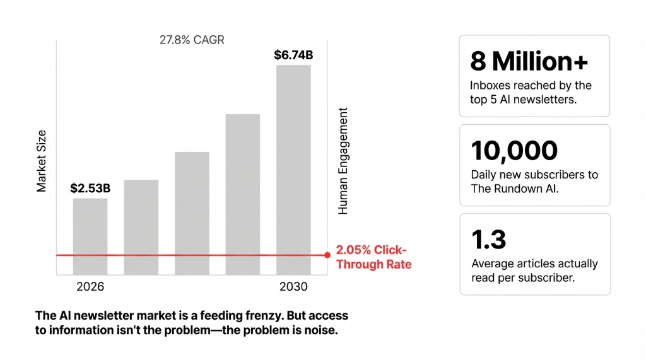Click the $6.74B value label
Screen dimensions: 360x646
[293, 55]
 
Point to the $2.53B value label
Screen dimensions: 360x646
[90, 188]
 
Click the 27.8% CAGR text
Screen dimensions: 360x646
[192, 40]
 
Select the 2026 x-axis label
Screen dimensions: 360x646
[90, 287]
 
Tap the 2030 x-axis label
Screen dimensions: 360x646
[293, 287]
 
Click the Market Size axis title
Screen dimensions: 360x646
[42, 161]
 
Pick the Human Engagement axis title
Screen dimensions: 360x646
[343, 161]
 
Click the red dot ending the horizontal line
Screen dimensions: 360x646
[327, 255]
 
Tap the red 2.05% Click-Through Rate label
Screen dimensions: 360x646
[373, 257]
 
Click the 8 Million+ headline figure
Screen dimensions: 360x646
[529, 61]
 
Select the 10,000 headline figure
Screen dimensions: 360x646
[514, 151]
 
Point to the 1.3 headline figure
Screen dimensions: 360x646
[488, 240]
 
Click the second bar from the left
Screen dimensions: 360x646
[141, 227]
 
